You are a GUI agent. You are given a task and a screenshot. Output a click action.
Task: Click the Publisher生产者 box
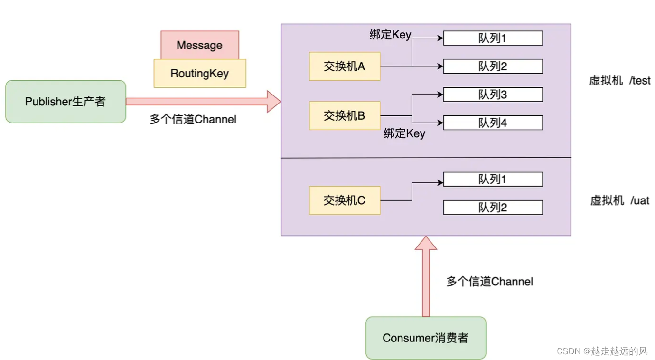pos(65,102)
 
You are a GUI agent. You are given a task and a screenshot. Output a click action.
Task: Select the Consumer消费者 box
pos(426,338)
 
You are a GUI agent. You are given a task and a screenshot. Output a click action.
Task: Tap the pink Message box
pos(200,45)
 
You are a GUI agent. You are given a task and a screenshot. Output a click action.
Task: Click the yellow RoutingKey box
pos(200,74)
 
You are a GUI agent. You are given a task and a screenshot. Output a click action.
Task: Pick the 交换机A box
pos(345,66)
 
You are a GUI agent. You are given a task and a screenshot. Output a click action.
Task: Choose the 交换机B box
pos(345,115)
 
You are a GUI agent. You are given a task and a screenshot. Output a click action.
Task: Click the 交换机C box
pos(345,200)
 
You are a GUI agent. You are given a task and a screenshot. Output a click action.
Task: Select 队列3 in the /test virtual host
pos(493,95)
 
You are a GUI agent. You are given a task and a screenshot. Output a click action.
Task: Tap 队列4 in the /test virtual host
pos(493,123)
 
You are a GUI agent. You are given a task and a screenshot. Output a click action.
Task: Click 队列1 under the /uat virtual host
pos(493,180)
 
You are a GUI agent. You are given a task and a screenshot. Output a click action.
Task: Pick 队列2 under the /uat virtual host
pos(493,208)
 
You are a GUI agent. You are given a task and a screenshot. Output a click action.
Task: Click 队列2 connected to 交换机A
pos(493,66)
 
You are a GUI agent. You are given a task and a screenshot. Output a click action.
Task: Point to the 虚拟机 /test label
pos(620,81)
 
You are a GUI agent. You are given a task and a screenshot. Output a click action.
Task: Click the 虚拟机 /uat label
pos(620,200)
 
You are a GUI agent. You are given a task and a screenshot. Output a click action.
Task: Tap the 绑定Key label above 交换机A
pos(390,35)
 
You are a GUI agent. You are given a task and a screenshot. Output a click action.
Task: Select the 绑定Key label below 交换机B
pos(404,134)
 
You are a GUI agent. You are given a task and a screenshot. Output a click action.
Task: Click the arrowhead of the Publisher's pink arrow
pos(274,102)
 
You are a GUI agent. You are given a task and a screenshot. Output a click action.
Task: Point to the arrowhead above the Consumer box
pos(426,243)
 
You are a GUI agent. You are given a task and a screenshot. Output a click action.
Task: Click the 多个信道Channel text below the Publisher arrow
pos(193,119)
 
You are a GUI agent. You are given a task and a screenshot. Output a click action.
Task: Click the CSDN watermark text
pos(602,351)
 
